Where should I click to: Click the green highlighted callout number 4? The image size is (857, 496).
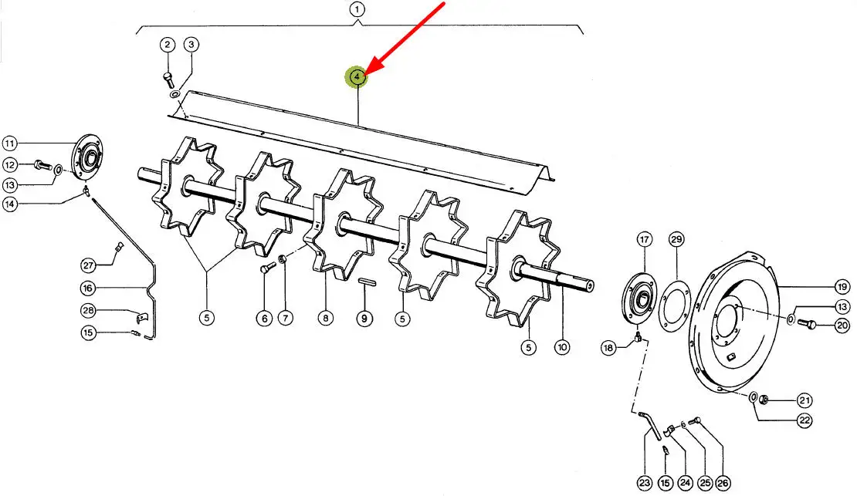(357, 77)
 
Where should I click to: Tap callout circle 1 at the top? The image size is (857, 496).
(357, 10)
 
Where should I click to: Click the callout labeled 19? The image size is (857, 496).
(842, 286)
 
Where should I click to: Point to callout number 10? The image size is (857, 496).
(562, 347)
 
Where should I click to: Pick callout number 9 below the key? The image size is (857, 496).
(364, 318)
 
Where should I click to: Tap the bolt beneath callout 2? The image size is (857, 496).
(168, 79)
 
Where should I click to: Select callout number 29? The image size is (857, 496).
(676, 239)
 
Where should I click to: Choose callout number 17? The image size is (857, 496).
(645, 239)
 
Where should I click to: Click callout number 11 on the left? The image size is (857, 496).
(10, 143)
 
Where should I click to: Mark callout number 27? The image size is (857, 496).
(89, 265)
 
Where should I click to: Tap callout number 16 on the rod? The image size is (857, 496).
(88, 288)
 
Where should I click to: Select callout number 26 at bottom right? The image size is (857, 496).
(723, 483)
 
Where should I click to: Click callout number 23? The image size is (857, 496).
(645, 483)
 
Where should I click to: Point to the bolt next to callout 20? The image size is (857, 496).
(807, 324)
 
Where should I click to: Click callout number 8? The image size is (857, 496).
(326, 318)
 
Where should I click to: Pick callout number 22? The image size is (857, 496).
(804, 420)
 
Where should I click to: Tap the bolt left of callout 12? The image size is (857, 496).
(42, 164)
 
